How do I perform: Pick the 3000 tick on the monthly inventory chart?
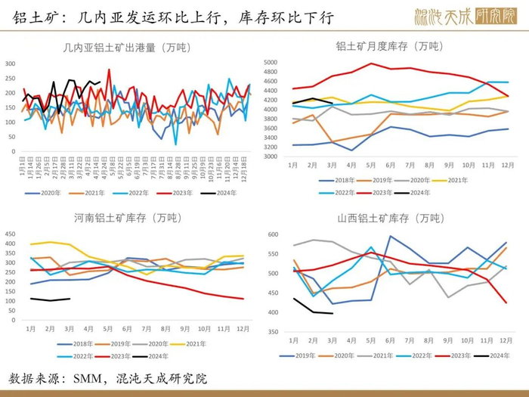272,157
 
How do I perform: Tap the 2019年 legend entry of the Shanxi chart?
300,355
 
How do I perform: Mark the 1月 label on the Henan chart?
31,328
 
